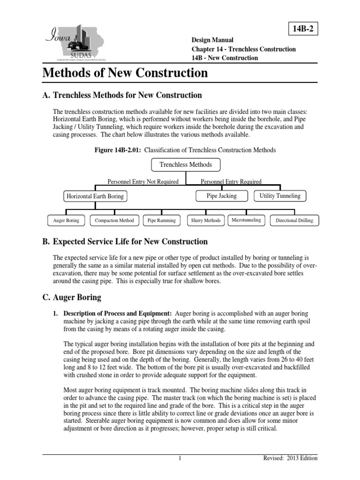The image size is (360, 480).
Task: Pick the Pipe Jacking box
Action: coord(222,195)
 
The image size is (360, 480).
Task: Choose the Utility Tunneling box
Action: coord(280,195)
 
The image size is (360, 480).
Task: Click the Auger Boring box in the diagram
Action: coord(66,220)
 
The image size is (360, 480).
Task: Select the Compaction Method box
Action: coord(114,220)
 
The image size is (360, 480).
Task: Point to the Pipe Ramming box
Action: coord(162,220)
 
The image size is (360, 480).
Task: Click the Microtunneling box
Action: coord(247,220)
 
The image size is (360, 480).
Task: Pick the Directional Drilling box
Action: coord(294,220)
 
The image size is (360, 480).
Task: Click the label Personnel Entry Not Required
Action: coord(143,181)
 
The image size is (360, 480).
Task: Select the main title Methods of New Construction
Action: coord(125,73)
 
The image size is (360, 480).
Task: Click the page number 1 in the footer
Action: coord(180,458)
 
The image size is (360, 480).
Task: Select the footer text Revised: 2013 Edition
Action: coord(291,458)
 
